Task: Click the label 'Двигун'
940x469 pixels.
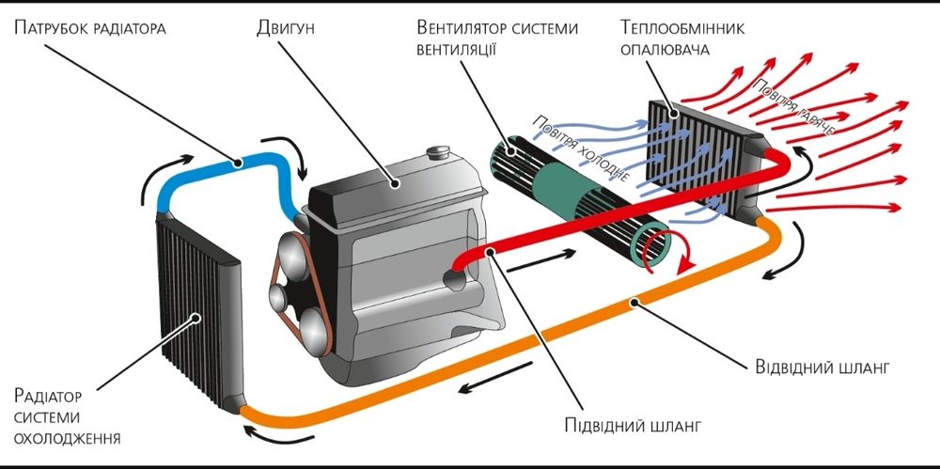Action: point(285,27)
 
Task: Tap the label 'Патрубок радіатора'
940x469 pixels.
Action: point(90,27)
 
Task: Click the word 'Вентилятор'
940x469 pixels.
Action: point(461,27)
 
